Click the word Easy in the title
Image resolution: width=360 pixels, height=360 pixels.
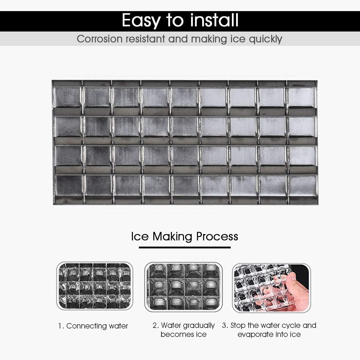click(141, 20)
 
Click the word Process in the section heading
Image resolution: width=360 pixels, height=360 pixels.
click(217, 236)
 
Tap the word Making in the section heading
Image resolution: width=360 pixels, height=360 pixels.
click(172, 236)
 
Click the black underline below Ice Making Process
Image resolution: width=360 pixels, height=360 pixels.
click(184, 247)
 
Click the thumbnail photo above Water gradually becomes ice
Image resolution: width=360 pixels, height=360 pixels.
click(183, 287)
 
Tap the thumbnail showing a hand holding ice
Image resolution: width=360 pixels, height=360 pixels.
click(271, 287)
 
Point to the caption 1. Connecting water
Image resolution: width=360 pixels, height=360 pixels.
click(93, 326)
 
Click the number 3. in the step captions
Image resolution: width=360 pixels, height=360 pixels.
click(225, 325)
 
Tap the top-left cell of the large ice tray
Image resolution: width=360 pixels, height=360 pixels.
click(68, 97)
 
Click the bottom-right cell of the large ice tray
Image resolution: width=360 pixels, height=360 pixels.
click(302, 185)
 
